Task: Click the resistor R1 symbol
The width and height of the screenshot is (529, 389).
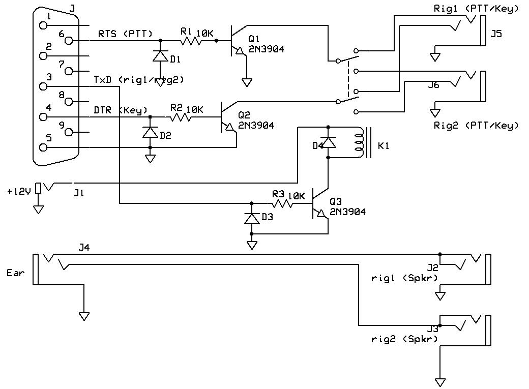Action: [192, 40]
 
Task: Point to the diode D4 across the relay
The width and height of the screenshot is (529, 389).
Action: [328, 142]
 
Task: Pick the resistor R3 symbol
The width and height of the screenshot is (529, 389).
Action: [283, 204]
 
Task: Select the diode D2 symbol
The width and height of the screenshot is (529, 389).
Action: [150, 132]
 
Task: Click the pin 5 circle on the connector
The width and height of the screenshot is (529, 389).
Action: [43, 147]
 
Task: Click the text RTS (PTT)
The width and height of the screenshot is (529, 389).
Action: [125, 34]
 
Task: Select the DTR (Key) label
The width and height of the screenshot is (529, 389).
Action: [121, 110]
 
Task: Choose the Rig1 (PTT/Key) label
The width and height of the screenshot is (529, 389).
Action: [476, 9]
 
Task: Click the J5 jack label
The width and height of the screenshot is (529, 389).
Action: [495, 35]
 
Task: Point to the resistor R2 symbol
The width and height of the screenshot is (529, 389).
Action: [181, 117]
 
